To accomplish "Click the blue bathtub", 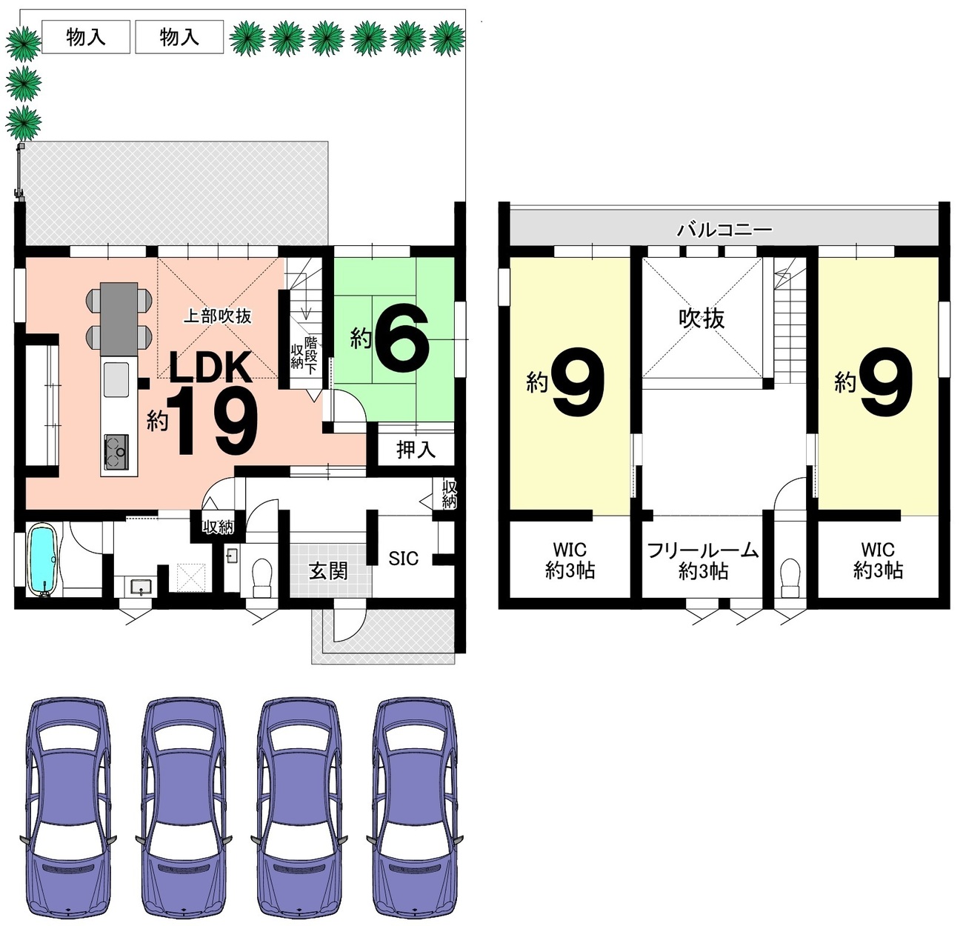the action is click(44, 560).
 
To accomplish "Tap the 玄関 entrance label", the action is click(328, 570).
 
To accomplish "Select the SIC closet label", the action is click(403, 559).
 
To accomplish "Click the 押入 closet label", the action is click(416, 450).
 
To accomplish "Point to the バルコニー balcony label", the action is click(724, 230).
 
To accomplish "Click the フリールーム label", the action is click(703, 550).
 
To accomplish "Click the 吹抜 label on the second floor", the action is click(702, 319).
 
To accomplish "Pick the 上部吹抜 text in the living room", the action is click(218, 316).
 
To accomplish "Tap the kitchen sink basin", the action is click(116, 379).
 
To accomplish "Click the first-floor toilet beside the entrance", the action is click(261, 577).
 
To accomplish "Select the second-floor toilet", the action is click(790, 577).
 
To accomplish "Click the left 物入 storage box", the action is click(86, 36).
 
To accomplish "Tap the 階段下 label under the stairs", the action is click(311, 355).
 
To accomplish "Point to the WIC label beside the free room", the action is click(570, 550).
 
